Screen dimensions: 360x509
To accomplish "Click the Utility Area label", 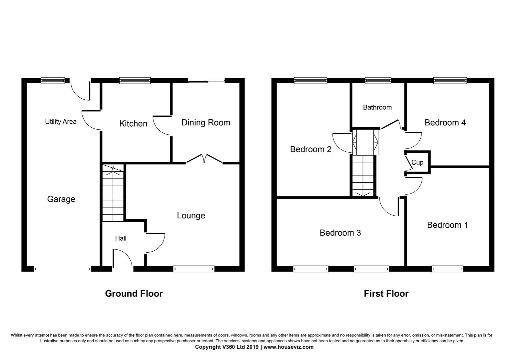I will pos(61,122).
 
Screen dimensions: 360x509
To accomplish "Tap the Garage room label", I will pos(61,199).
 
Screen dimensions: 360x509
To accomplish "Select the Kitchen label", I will pos(133,124).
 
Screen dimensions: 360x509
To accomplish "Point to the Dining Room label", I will pos(206,123).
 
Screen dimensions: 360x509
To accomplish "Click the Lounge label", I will pos(191,216).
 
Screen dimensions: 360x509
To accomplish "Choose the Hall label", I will pos(121,238).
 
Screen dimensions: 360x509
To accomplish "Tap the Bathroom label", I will pos(377,107).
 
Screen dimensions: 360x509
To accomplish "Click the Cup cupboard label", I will pos(417,162).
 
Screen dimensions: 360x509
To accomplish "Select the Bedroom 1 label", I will pos(447,225).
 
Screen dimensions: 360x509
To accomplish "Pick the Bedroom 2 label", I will pos(310,149).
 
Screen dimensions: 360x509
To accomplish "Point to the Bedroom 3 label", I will pos(340,233).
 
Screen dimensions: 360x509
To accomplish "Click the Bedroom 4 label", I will pos(445,123).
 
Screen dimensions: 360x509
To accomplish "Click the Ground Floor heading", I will pos(134,294).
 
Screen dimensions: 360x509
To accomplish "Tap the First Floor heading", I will pos(386,294).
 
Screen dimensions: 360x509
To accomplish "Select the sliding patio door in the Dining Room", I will pos(207,81).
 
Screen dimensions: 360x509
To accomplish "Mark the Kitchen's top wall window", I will pos(135,80).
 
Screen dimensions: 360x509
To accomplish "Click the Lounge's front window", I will pos(194,269).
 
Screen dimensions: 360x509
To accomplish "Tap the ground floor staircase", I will pos(113,193).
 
